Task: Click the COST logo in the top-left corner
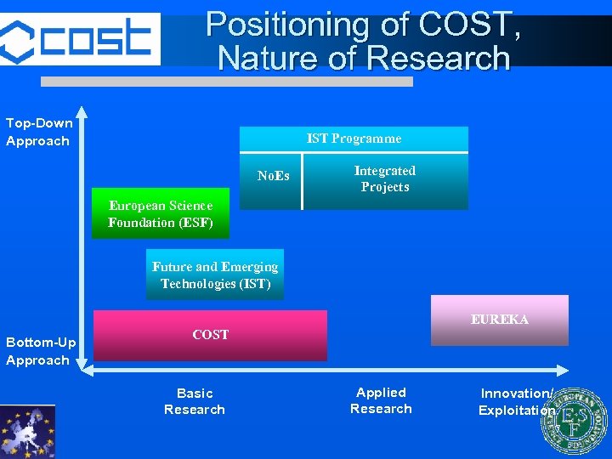tap(80, 38)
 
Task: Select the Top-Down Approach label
tap(39, 132)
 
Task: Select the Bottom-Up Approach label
tap(41, 351)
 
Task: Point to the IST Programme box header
tap(354, 139)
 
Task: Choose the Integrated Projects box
tap(385, 179)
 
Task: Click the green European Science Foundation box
tap(160, 213)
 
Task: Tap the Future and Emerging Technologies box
tap(215, 275)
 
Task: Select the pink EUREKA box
tap(499, 320)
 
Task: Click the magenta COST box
tap(210, 335)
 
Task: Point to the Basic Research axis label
tap(195, 401)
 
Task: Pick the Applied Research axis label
tap(381, 400)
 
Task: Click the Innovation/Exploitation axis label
tap(516, 401)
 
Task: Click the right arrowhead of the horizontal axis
tap(562, 370)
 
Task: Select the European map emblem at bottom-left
tap(27, 432)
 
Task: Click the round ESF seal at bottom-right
tap(574, 422)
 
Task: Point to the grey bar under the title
tap(227, 82)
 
